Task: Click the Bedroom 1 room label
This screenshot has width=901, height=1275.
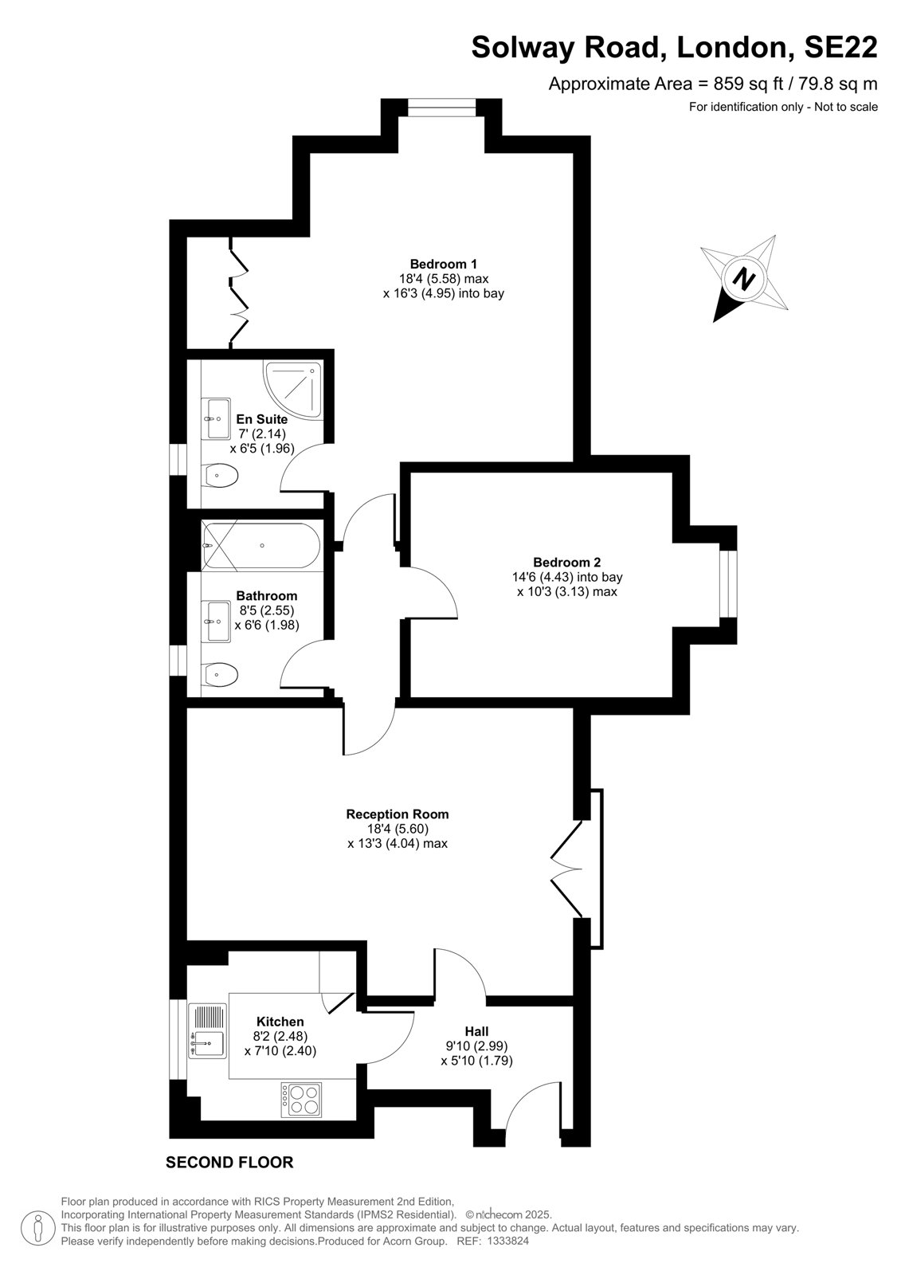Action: [444, 264]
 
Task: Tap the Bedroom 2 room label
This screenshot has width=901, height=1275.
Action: [567, 563]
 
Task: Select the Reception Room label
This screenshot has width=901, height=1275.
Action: [398, 814]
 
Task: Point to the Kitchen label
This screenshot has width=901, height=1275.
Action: [280, 1022]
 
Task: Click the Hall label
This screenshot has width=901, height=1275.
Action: [477, 1031]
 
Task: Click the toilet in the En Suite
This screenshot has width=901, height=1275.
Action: [220, 475]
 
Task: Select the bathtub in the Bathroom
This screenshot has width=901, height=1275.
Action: [261, 545]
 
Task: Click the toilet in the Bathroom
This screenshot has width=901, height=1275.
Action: [220, 676]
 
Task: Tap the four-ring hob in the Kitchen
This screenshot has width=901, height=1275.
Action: [301, 1099]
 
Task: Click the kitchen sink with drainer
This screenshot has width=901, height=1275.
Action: [207, 1031]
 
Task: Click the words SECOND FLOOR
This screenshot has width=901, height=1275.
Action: [229, 1163]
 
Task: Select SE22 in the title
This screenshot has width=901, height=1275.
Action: [840, 47]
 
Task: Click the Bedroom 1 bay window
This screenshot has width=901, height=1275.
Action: [441, 108]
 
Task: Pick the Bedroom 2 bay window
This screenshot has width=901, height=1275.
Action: [728, 583]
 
